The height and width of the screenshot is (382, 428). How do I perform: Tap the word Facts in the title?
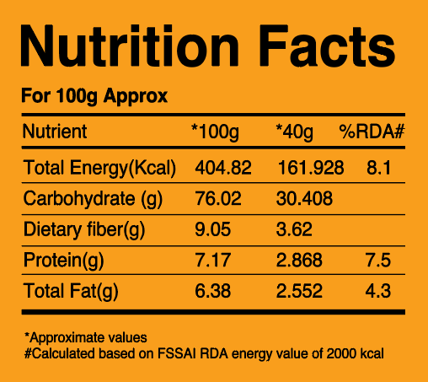(x=327, y=46)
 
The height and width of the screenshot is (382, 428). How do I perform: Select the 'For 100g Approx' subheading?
(x=94, y=97)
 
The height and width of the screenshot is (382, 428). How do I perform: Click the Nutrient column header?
(x=55, y=132)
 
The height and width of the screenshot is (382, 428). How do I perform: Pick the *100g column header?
(x=215, y=132)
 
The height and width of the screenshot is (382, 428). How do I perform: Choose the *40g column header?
(x=294, y=132)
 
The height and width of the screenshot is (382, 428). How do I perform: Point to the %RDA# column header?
(x=372, y=132)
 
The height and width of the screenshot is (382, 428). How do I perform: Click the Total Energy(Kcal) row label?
(x=99, y=169)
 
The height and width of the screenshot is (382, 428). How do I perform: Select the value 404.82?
(x=223, y=168)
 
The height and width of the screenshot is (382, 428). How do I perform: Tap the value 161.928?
(x=311, y=168)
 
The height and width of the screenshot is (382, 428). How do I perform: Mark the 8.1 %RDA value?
(x=378, y=168)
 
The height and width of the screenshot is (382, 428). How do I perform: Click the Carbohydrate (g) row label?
(x=93, y=199)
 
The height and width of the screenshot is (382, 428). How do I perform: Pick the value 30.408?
(x=304, y=198)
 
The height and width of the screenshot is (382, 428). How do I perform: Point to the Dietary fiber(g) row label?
(x=84, y=230)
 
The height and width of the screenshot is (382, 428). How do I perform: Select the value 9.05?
(x=213, y=229)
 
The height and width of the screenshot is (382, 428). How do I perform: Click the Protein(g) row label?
(x=64, y=261)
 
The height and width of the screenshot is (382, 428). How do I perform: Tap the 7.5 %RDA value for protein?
(x=378, y=260)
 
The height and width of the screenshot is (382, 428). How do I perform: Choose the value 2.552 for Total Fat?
(x=299, y=291)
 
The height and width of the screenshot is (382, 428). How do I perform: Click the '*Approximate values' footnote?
(x=86, y=338)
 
